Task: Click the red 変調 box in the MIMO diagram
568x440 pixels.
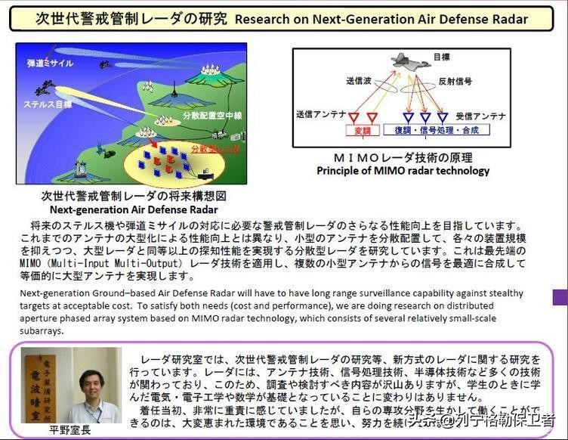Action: [x=363, y=130]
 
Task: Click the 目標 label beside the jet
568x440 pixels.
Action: [x=443, y=57]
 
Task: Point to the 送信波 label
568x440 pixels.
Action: [x=358, y=80]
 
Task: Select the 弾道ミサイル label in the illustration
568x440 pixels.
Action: [x=50, y=64]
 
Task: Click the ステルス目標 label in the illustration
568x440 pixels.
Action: [x=48, y=103]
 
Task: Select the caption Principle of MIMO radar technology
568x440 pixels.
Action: [x=403, y=171]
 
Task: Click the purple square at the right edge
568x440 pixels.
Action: [x=560, y=296]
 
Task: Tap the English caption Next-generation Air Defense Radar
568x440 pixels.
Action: [x=134, y=209]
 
